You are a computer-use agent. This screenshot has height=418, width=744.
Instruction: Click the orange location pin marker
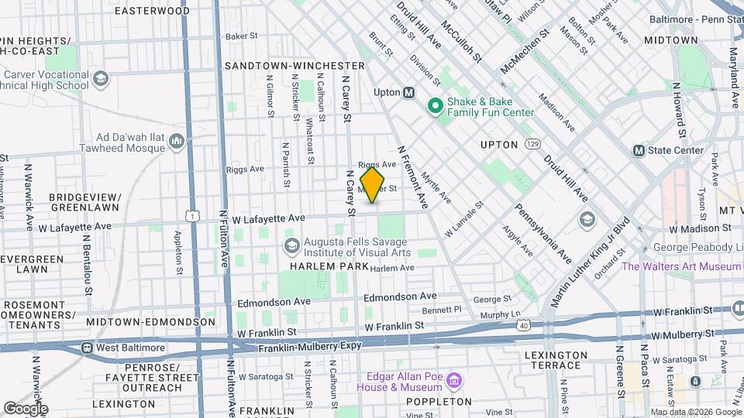[x=372, y=186]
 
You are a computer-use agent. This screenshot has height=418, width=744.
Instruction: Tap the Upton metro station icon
[x=408, y=92]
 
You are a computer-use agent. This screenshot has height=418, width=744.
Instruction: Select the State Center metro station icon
[x=639, y=150]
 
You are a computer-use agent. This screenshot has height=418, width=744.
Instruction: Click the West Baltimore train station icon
[x=88, y=348]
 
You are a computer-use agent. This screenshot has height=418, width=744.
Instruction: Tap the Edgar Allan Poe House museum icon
[x=455, y=380]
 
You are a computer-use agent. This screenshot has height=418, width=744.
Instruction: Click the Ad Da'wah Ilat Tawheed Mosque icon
[x=176, y=142]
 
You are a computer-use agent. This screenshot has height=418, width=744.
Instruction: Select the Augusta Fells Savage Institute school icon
[x=291, y=246]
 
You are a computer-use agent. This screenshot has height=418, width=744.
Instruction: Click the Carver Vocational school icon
[x=101, y=79]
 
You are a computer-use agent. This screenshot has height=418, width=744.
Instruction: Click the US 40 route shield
[x=525, y=327]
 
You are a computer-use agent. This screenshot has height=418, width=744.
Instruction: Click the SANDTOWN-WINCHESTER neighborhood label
[x=294, y=66]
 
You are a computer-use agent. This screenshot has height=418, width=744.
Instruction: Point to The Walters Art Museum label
[x=682, y=266]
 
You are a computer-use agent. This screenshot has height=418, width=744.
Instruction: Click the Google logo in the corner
[x=25, y=408]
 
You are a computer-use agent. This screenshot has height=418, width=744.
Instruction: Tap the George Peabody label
[x=693, y=248]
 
